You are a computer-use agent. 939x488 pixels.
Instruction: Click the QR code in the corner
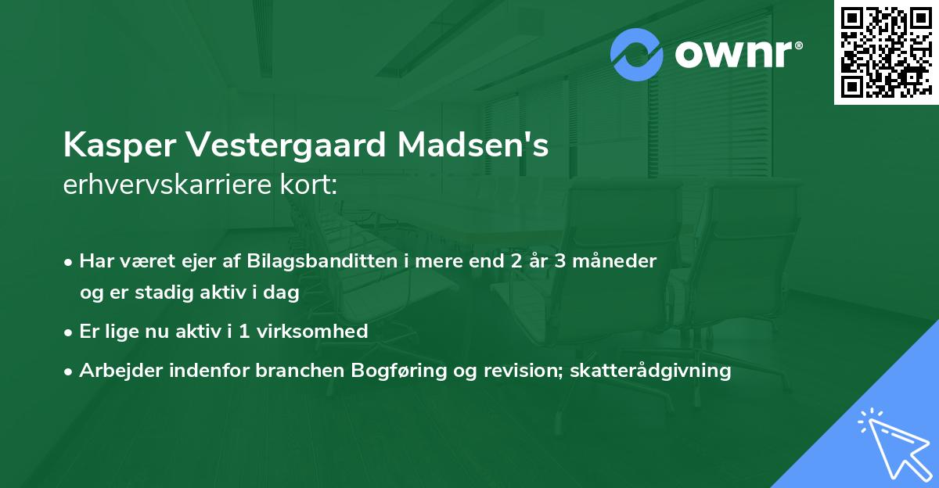click(886, 52)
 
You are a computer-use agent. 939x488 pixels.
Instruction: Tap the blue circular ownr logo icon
click(637, 54)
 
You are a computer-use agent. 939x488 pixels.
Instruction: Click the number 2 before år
click(516, 261)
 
